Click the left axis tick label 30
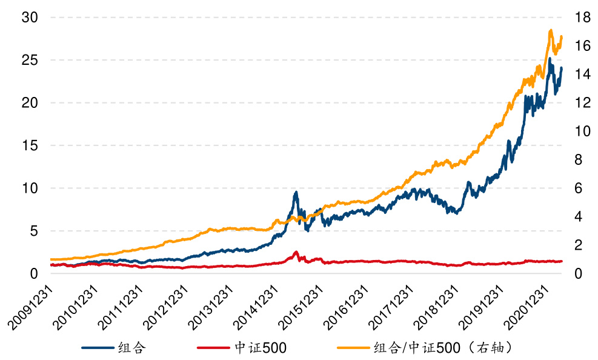(30, 18)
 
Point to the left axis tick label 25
(30, 61)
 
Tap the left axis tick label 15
(30, 146)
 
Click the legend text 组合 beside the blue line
(131, 348)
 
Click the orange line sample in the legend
(353, 348)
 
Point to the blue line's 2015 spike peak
(296, 192)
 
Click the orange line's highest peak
(550, 30)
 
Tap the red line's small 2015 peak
(296, 252)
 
